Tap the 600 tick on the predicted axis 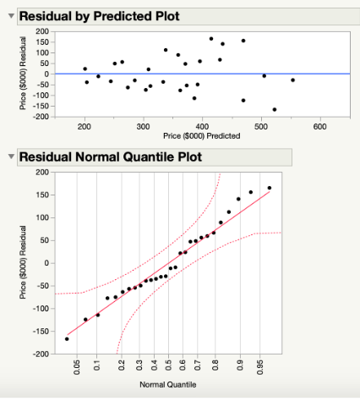click(319, 126)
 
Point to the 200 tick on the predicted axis click(84, 126)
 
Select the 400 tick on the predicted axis click(202, 126)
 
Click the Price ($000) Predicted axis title click(201, 135)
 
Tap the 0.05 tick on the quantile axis click(78, 365)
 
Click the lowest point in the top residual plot click(274, 109)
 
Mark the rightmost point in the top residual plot click(293, 80)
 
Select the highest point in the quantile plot click(270, 188)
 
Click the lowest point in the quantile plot click(67, 338)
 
